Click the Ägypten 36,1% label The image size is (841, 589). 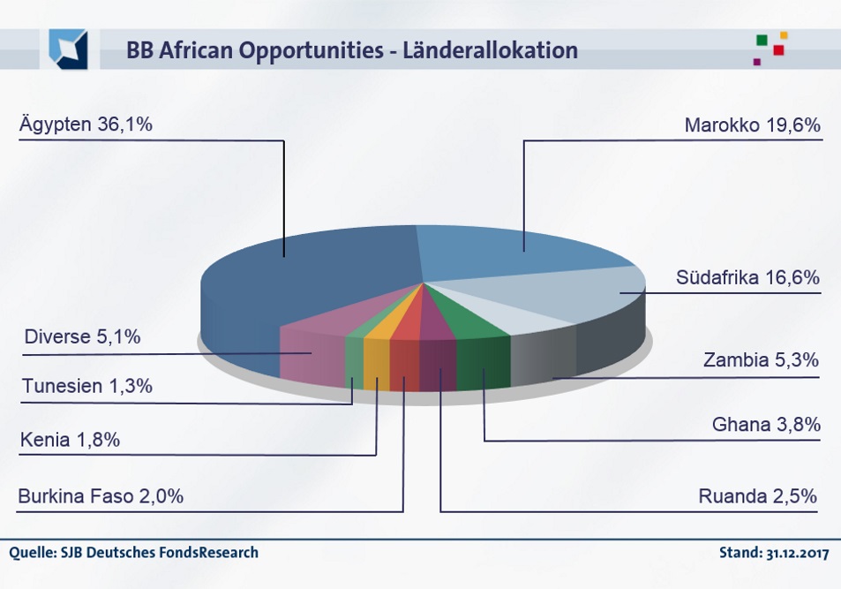click(86, 125)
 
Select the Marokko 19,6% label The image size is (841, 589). click(752, 125)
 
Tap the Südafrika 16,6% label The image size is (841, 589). click(747, 277)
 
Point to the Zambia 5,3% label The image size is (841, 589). click(761, 359)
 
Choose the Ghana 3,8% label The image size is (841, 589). click(765, 425)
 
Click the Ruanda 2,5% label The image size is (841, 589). click(758, 495)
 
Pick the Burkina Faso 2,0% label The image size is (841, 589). click(101, 496)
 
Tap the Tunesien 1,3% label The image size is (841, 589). click(87, 386)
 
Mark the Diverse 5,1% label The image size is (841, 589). click(82, 336)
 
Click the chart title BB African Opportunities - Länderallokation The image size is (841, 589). click(351, 50)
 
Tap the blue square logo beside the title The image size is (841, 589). click(68, 49)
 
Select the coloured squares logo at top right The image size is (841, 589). click(770, 48)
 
